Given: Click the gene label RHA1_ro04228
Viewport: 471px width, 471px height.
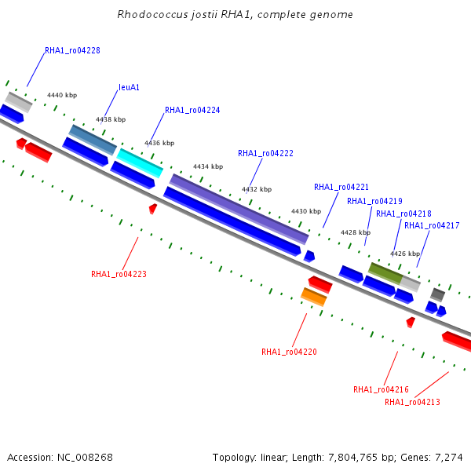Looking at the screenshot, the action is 72,50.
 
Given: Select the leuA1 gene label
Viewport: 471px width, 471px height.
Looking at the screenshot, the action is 130,87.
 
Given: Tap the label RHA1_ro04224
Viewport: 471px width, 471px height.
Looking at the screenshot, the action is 192,110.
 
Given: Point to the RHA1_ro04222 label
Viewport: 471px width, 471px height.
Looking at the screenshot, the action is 265,154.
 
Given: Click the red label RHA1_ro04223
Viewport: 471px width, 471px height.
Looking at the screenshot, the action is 119,274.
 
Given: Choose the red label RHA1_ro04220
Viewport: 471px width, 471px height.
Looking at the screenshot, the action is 289,352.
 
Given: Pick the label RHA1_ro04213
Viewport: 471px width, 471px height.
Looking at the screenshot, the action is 412,402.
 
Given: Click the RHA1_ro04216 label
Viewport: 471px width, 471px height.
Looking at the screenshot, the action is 382,389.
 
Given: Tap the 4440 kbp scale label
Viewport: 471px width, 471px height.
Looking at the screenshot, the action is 62,95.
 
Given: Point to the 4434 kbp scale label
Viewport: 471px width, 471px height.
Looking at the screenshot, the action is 208,166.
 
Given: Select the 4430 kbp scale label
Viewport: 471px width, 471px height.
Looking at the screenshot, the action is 306,211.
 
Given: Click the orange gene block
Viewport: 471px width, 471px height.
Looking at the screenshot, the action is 314,297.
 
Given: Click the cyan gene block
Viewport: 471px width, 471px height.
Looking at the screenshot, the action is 140,163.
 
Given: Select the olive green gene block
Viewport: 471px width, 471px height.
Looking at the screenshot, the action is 385,273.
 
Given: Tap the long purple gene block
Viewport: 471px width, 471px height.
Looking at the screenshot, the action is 239,209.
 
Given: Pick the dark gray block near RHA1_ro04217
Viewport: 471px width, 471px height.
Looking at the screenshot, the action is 438,295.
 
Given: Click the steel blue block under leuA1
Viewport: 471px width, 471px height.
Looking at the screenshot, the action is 93,140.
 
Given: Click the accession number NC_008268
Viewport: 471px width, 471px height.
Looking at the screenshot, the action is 85,458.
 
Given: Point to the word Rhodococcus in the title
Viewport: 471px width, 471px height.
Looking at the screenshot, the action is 152,14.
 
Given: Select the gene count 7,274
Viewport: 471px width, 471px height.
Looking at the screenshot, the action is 449,458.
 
